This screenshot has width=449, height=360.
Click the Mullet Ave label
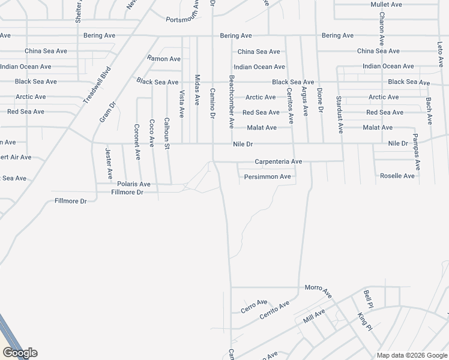point(386,5)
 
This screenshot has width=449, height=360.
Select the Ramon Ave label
point(164,59)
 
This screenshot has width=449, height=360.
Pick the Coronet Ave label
point(137,142)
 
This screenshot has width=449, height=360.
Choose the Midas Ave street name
point(197,90)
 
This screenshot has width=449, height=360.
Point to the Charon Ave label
point(381,29)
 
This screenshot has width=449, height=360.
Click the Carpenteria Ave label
point(278,161)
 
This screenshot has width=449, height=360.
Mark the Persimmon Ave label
point(267,176)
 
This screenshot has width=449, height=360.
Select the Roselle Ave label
point(397,176)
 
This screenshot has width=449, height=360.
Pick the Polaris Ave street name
point(134,184)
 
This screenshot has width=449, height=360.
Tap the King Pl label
point(365,321)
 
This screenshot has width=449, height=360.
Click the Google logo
point(20,352)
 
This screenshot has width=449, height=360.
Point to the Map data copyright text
point(411,355)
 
